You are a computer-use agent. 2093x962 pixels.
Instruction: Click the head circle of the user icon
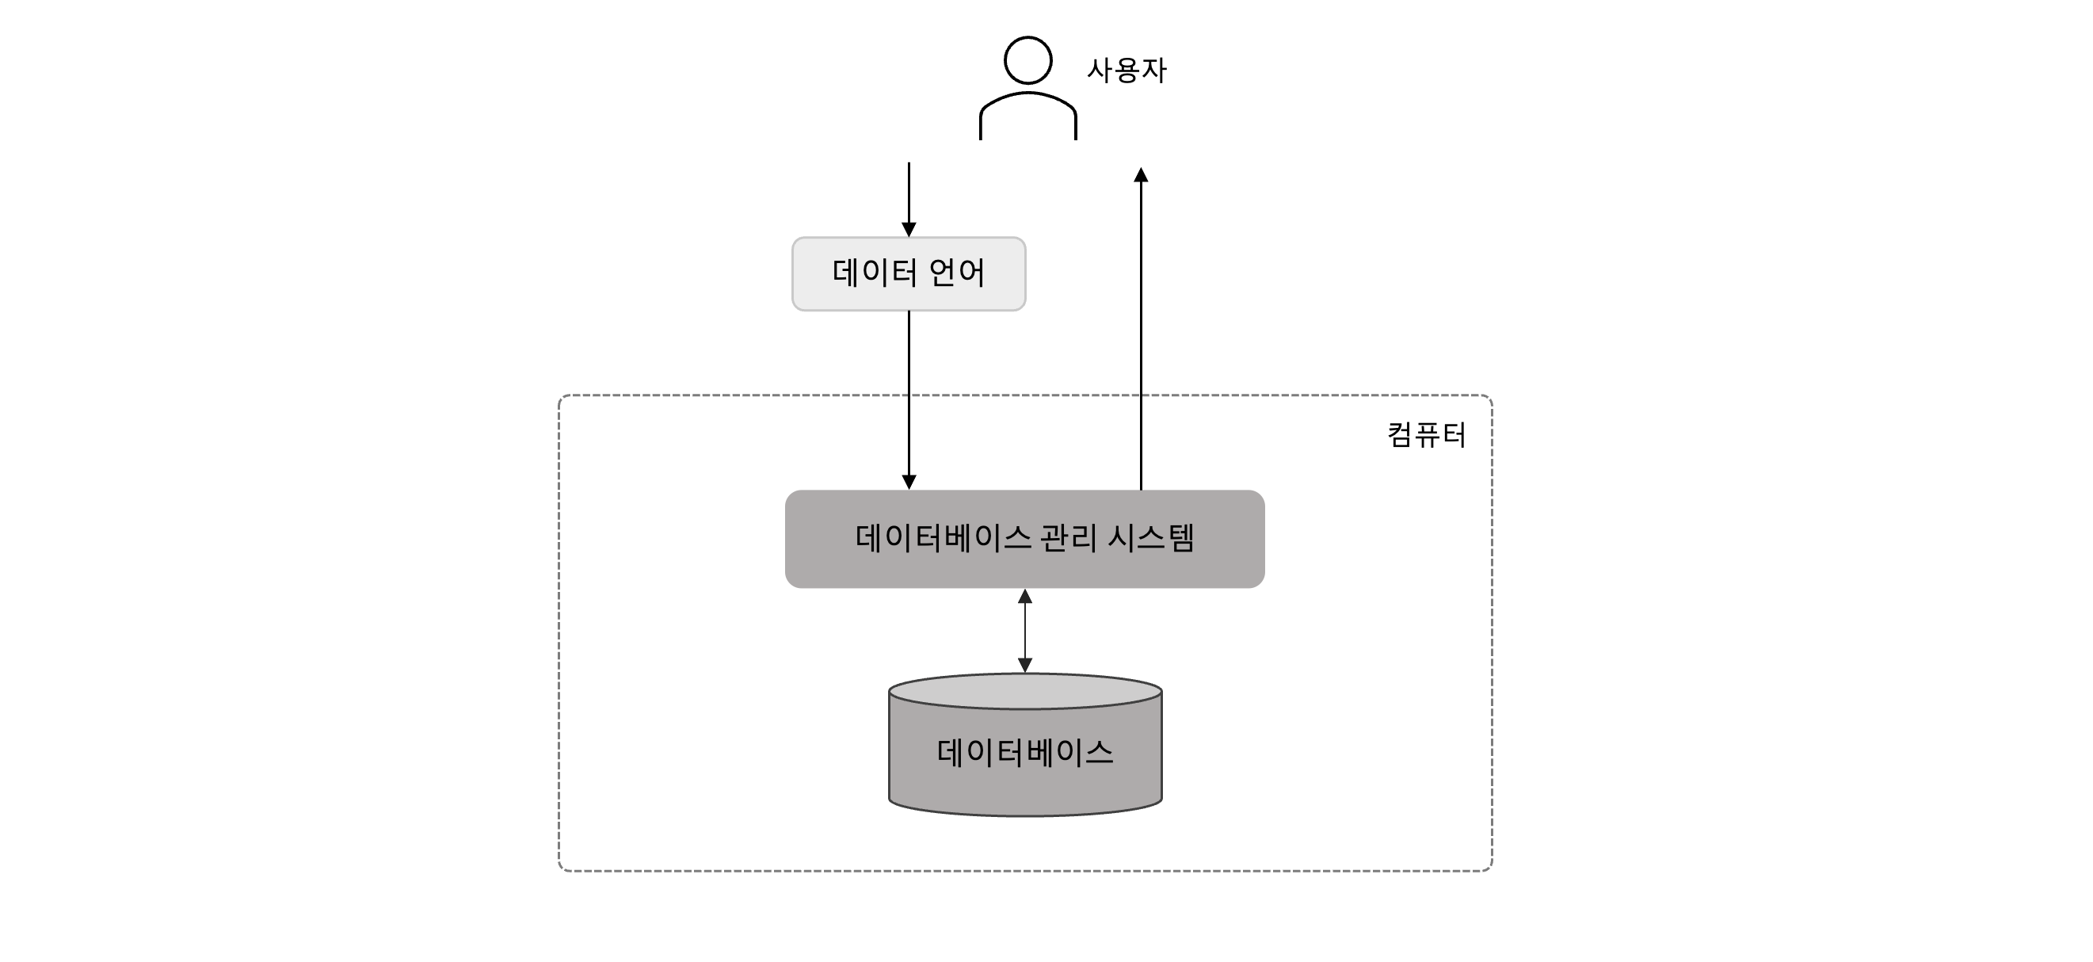coord(1027,60)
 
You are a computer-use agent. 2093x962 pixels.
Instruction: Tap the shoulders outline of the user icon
coord(1027,95)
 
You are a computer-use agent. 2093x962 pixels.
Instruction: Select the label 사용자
coord(1127,71)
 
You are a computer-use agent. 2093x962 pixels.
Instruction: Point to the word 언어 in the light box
coord(956,272)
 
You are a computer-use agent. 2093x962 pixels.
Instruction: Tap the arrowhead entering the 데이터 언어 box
coord(909,230)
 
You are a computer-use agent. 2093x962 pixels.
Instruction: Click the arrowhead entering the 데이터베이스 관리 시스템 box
coord(909,482)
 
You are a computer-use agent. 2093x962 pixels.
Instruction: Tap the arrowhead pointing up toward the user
coord(1141,174)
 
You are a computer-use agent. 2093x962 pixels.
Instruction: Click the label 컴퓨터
coord(1426,436)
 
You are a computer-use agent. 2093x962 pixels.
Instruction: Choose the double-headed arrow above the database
coord(1024,631)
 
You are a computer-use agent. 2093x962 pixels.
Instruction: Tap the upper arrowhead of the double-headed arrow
coord(1024,597)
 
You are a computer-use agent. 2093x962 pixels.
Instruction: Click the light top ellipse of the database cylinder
coord(1024,693)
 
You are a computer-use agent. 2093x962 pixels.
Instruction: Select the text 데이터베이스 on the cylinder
coord(1024,752)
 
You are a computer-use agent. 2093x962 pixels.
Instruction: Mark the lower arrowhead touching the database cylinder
coord(1024,666)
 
